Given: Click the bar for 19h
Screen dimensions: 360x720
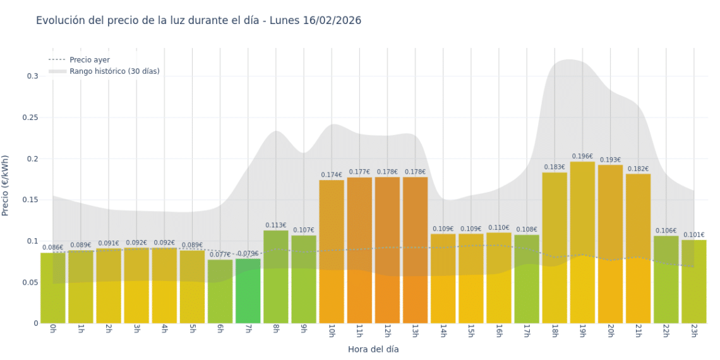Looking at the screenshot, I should click(x=582, y=243).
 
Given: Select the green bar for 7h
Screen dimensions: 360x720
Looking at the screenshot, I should click(x=248, y=291).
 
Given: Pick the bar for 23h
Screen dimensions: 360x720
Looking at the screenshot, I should click(x=693, y=282).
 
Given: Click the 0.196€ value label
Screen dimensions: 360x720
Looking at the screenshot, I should click(x=582, y=156).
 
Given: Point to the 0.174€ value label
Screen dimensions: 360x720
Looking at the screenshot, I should click(x=332, y=175).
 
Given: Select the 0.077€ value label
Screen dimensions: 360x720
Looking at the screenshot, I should click(x=220, y=255).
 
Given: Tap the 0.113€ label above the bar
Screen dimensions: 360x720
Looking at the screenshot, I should click(x=276, y=225).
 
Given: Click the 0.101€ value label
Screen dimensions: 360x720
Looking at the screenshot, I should click(x=693, y=234).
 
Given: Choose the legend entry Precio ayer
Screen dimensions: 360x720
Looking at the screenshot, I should click(x=89, y=60).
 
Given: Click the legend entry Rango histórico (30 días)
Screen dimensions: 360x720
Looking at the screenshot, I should click(x=114, y=71).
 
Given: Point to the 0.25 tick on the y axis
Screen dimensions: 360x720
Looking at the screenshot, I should click(x=30, y=117).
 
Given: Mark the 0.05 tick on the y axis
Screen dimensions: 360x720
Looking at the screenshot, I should click(x=30, y=282).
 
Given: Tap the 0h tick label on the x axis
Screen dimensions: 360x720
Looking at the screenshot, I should click(x=52, y=332).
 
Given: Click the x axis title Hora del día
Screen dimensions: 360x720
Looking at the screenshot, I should click(x=373, y=349).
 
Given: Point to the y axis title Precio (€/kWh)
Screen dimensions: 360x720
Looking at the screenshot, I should click(x=6, y=186).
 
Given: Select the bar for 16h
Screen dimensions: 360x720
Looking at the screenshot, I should click(x=499, y=278).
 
